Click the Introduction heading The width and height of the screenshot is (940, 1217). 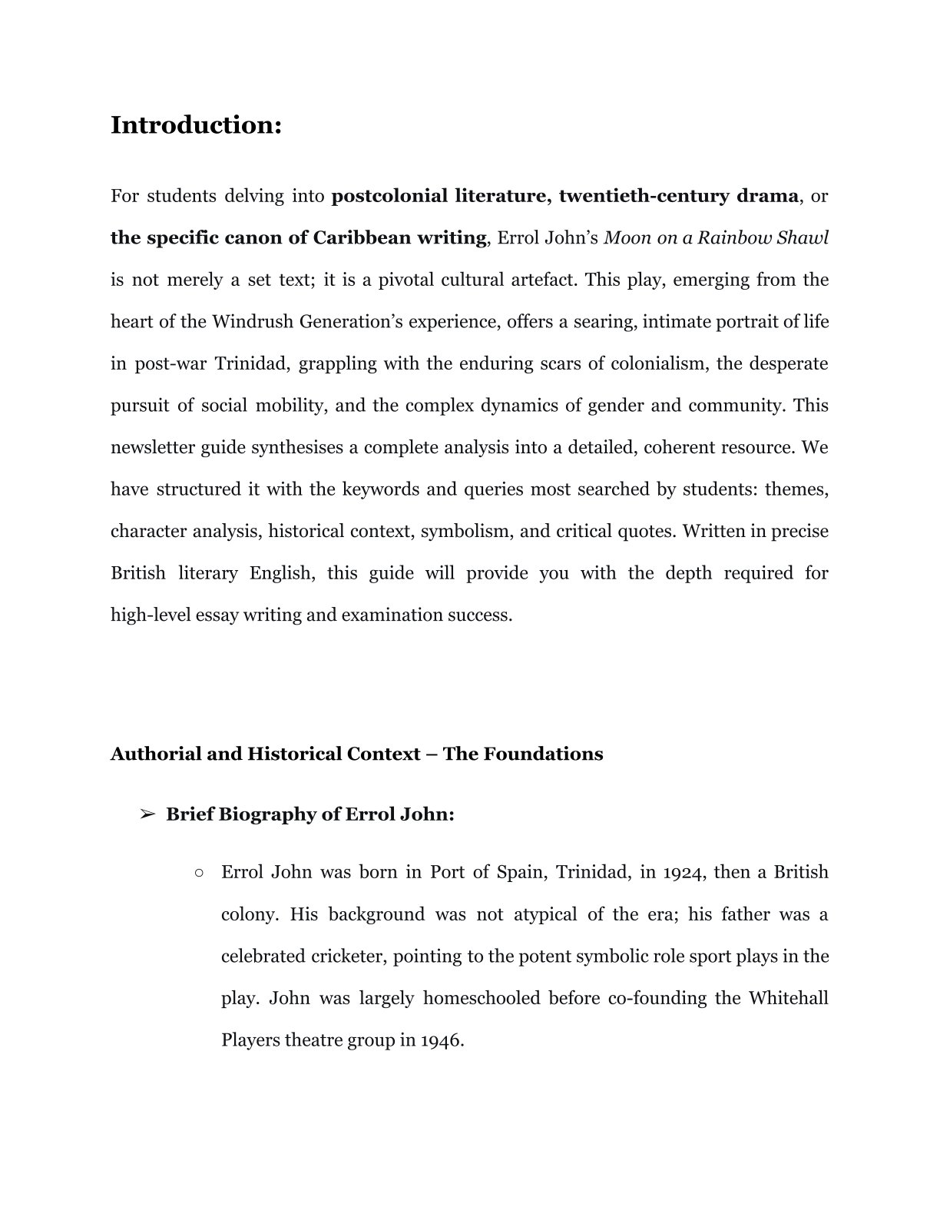point(196,124)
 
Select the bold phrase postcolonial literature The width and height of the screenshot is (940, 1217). point(435,196)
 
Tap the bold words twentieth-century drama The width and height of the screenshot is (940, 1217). point(678,196)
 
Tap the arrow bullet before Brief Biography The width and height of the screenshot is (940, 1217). point(147,814)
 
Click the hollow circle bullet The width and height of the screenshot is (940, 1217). point(199,873)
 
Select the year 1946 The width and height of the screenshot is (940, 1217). point(442,1040)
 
